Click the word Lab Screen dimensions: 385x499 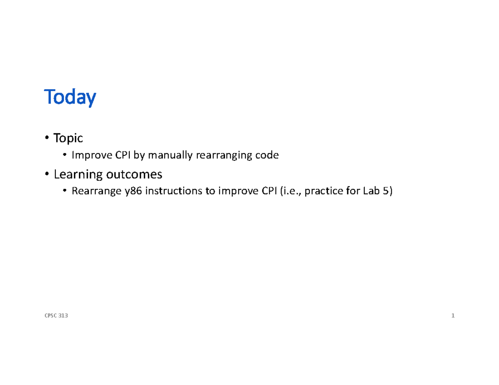(x=371, y=192)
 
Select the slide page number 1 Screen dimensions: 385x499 (x=453, y=316)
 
